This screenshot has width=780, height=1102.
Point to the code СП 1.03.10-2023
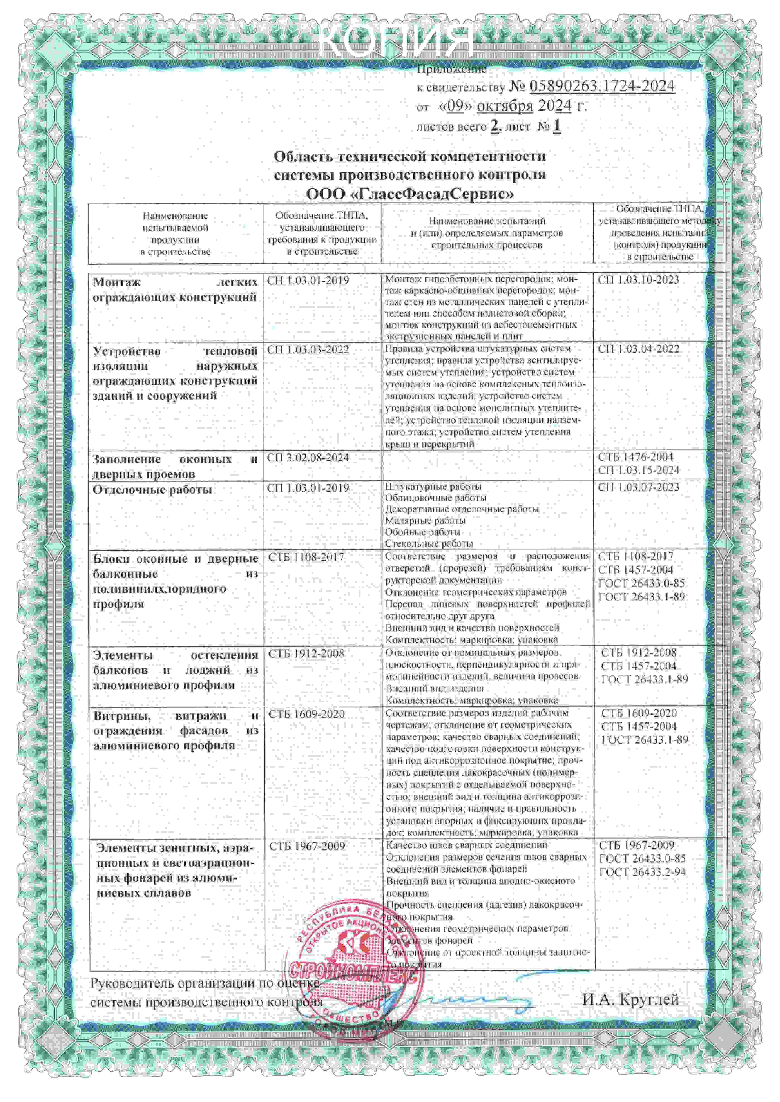point(638,280)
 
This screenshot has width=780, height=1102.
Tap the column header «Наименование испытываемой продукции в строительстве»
point(175,234)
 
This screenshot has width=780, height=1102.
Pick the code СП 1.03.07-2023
point(638,488)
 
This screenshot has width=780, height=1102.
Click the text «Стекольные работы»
point(429,543)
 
